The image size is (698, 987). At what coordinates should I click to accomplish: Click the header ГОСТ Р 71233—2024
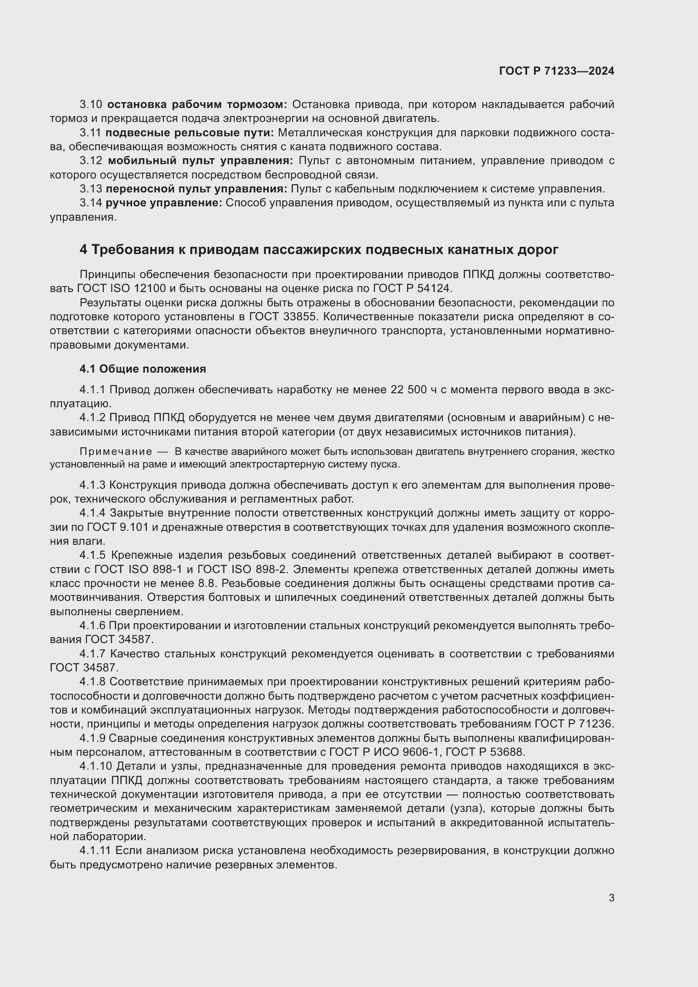point(557,71)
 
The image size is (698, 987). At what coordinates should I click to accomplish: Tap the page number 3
point(611,898)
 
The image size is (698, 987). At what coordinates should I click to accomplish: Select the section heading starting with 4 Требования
point(319,249)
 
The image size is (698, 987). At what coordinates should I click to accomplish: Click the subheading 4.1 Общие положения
point(143,368)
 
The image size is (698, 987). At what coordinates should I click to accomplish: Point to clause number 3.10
point(91,105)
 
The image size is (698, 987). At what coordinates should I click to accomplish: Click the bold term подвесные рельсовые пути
point(189,133)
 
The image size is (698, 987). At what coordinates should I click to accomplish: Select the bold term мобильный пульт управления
point(200,161)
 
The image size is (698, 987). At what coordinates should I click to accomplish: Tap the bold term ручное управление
point(164,203)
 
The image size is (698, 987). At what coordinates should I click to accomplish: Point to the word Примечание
point(116,452)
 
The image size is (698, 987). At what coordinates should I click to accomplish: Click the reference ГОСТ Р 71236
point(574,724)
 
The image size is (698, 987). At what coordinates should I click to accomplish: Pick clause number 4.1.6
point(92,625)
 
